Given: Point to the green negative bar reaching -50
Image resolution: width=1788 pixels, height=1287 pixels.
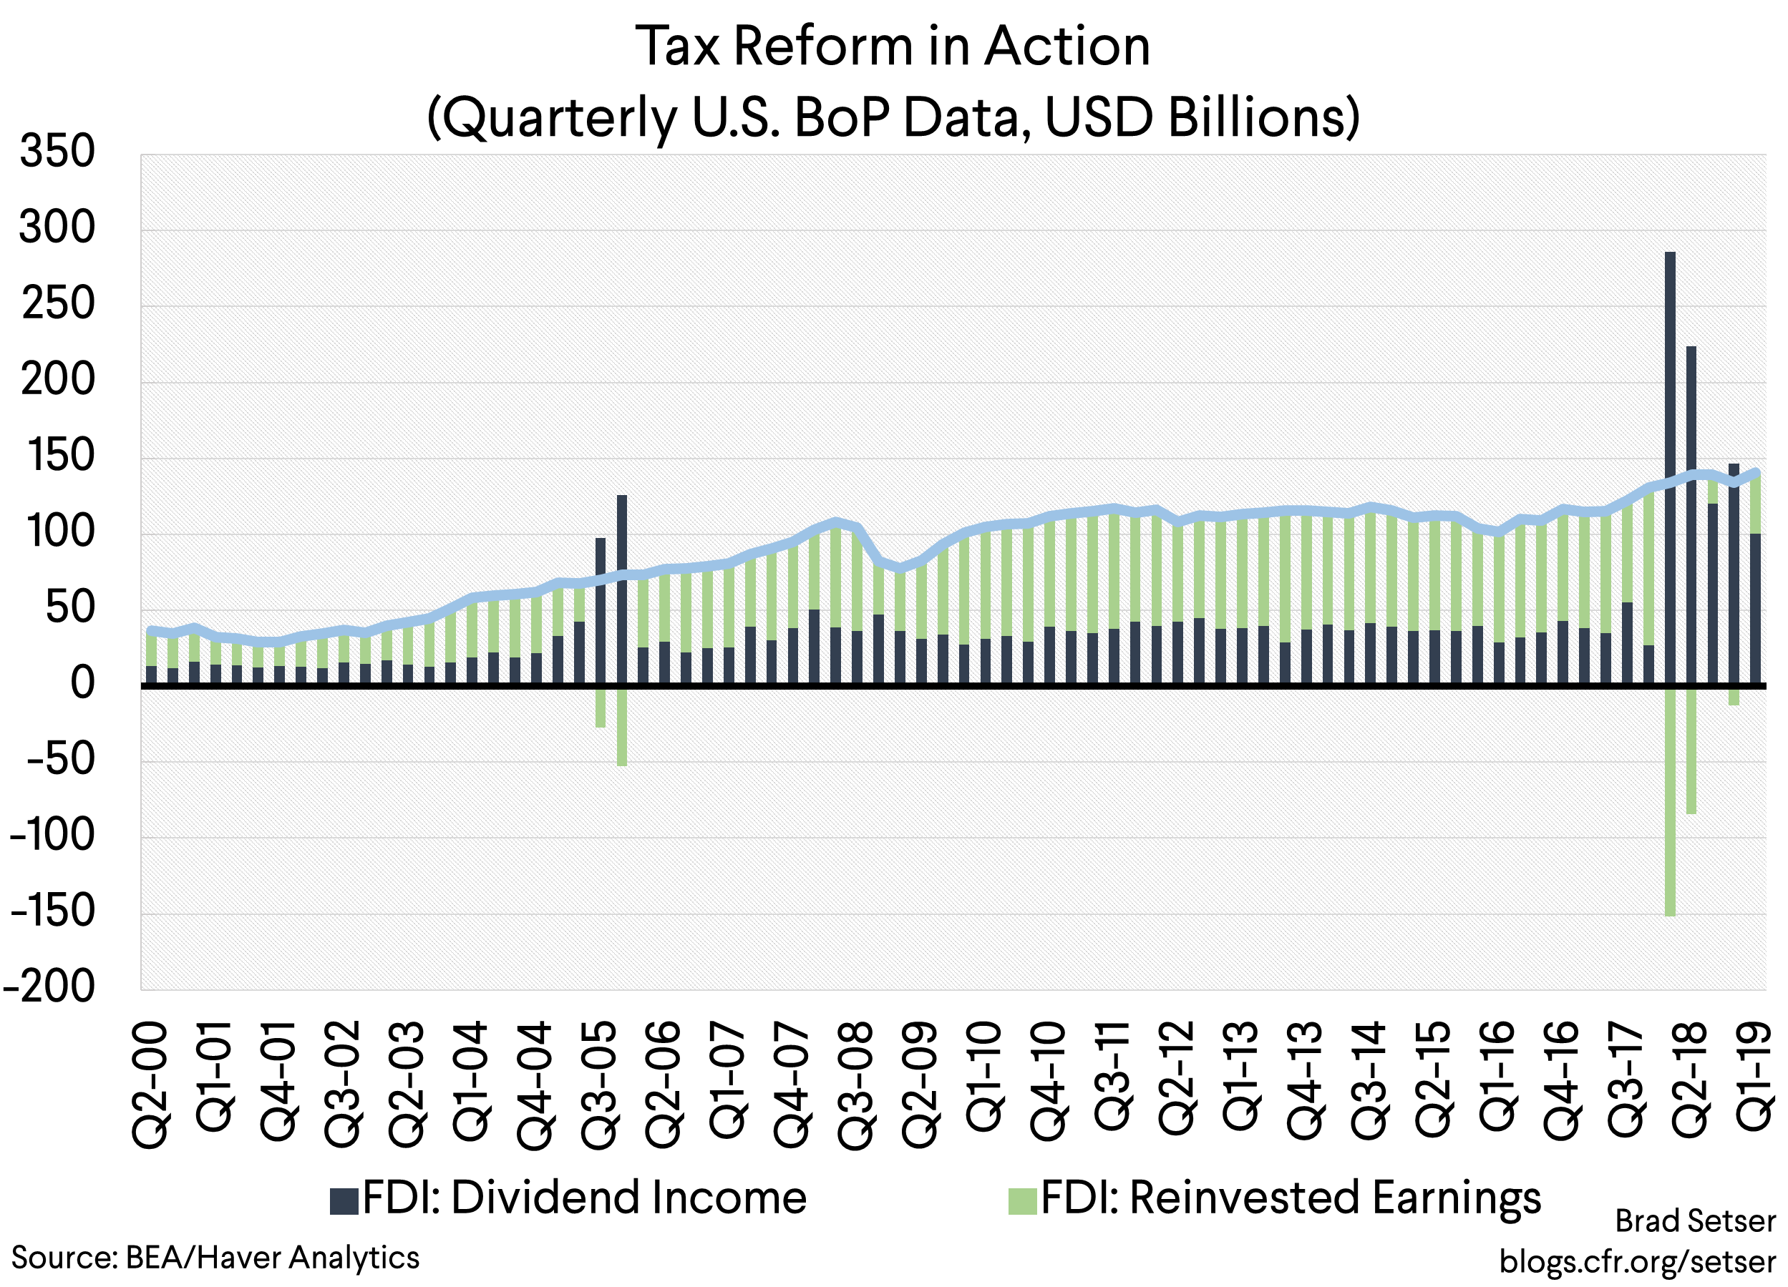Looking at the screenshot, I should [x=621, y=726].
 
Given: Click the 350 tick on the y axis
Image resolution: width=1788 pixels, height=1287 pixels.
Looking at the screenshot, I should [x=57, y=152].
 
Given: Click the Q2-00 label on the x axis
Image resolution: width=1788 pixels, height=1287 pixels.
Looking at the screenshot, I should [x=150, y=1085].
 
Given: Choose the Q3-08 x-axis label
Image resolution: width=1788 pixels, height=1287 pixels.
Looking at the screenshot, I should [x=855, y=1085].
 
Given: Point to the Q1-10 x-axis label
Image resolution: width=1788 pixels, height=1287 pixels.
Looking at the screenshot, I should [x=984, y=1077].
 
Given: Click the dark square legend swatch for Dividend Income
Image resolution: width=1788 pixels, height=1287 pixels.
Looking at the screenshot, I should [x=344, y=1200].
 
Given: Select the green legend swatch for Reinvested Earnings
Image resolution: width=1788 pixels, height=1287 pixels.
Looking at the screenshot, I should [x=1023, y=1200].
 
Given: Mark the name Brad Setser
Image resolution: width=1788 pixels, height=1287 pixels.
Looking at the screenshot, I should [x=1695, y=1220].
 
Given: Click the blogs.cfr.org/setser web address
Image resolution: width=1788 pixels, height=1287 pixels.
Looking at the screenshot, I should [x=1638, y=1261].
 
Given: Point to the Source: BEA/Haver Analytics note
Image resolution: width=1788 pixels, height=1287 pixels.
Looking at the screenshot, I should [x=215, y=1257].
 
